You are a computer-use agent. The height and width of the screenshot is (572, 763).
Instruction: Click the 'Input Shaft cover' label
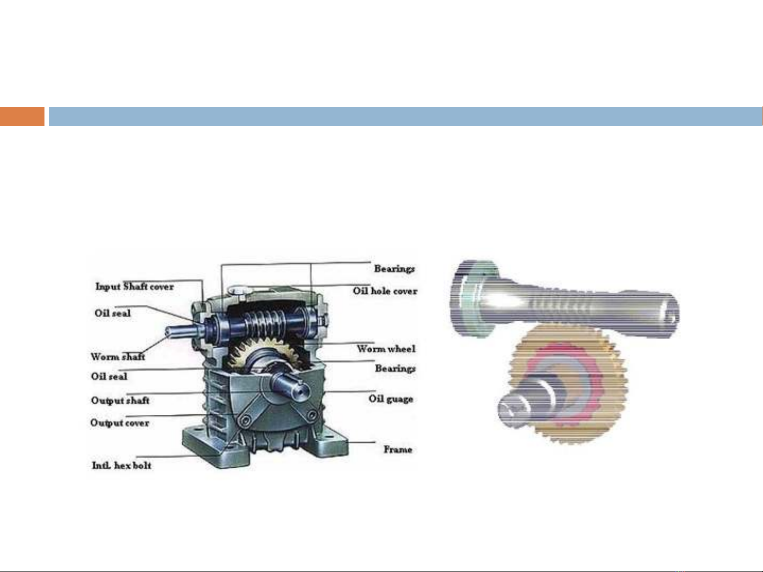pyautogui.click(x=134, y=287)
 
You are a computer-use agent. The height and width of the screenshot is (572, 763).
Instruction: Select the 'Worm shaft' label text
pyautogui.click(x=118, y=357)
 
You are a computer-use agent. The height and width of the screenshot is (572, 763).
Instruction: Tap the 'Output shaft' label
pyautogui.click(x=120, y=401)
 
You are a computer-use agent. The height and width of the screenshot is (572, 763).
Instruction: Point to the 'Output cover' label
pyautogui.click(x=120, y=423)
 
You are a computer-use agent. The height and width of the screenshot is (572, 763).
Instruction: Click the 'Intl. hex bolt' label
pyautogui.click(x=122, y=466)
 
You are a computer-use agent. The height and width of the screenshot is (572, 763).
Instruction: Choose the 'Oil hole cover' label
pyautogui.click(x=385, y=291)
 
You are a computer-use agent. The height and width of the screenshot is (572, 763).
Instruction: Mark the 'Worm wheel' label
pyautogui.click(x=386, y=349)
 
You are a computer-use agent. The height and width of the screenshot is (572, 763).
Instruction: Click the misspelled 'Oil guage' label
pyautogui.click(x=391, y=399)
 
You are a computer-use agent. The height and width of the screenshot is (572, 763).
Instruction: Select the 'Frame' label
pyautogui.click(x=398, y=449)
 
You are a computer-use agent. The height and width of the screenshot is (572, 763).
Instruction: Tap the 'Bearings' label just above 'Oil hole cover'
pyautogui.click(x=394, y=269)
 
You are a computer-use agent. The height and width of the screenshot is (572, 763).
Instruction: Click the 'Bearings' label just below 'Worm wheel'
pyautogui.click(x=395, y=368)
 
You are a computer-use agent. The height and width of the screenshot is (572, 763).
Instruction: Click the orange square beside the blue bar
pyautogui.click(x=22, y=116)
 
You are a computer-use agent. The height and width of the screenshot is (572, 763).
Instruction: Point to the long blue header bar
pyautogui.click(x=405, y=116)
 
